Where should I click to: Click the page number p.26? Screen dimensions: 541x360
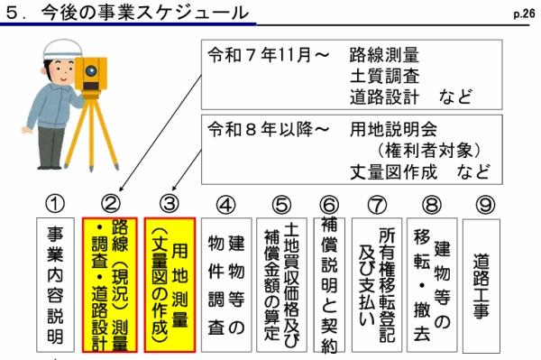[524, 14]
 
